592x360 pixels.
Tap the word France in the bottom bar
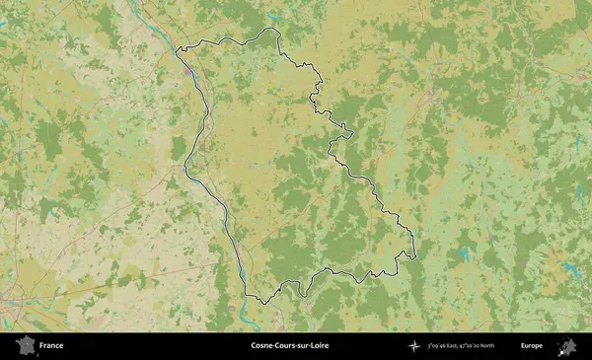(51, 346)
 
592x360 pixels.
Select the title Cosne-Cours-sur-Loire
(296, 346)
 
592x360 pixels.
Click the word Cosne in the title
(263, 346)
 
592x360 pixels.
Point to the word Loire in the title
(330, 346)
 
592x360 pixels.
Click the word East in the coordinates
(464, 346)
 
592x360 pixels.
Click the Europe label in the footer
(532, 346)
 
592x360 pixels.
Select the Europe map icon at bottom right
(567, 345)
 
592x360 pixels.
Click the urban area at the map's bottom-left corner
(10, 311)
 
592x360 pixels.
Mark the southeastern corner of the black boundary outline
(414, 257)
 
